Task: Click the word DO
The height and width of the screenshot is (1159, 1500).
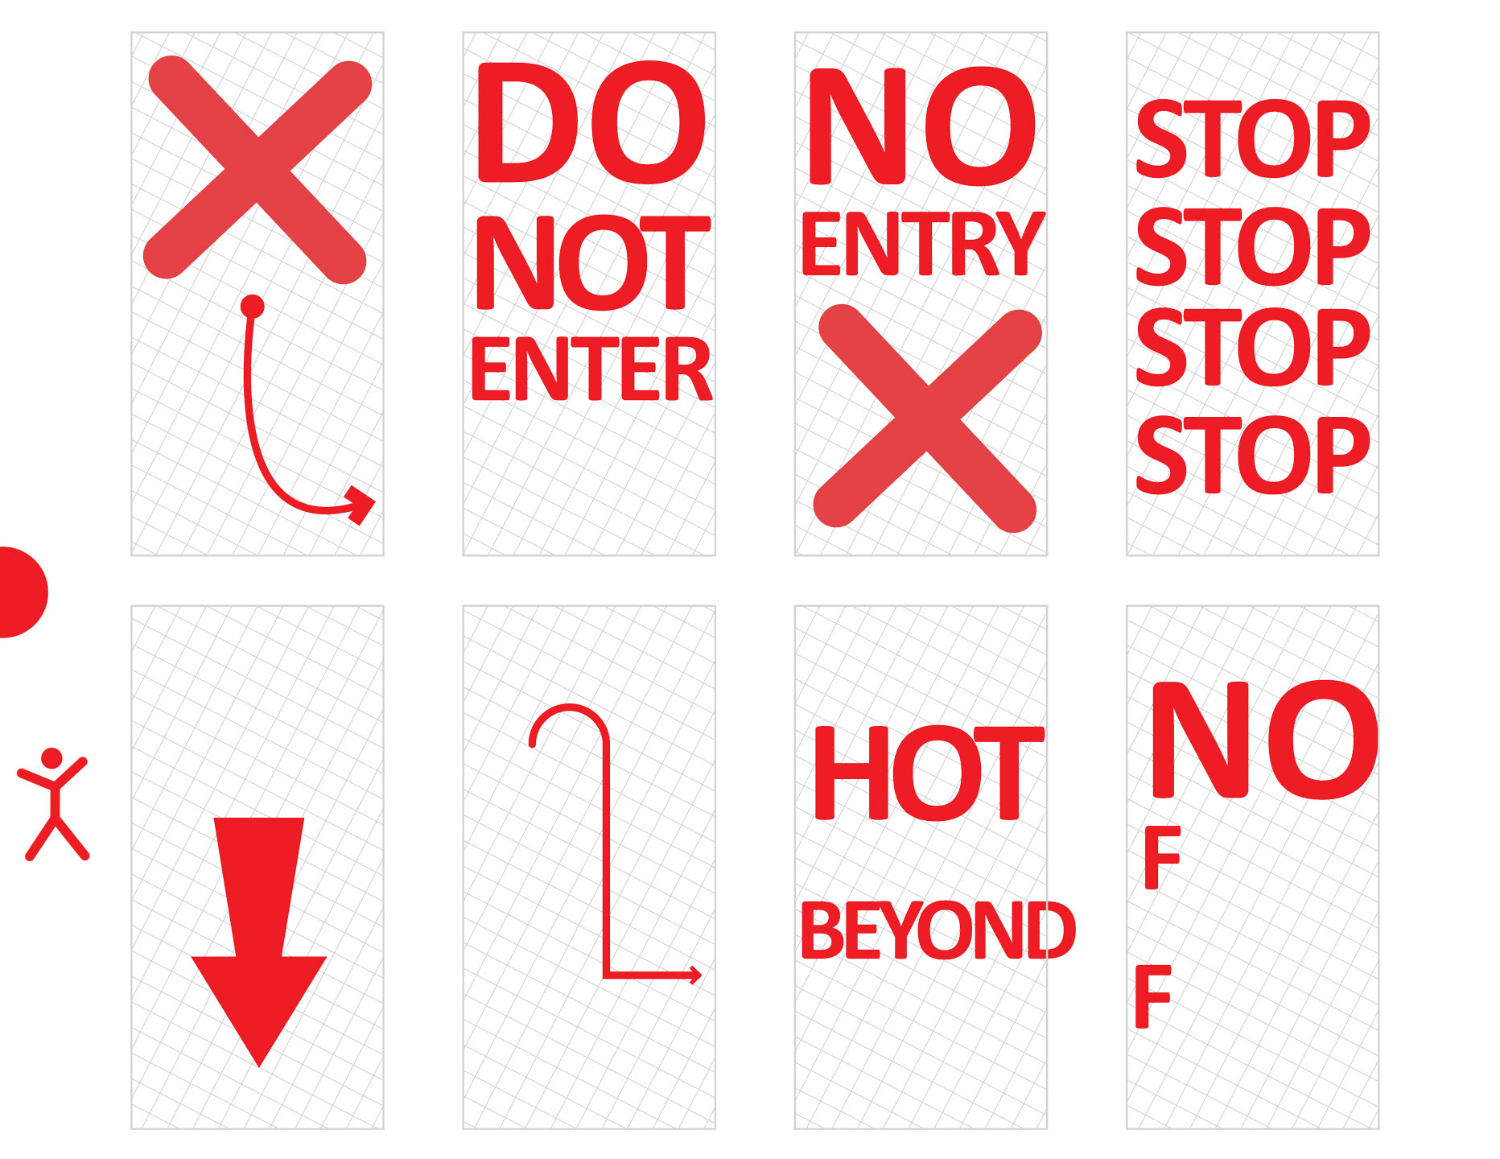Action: (591, 123)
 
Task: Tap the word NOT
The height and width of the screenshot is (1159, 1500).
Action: (593, 262)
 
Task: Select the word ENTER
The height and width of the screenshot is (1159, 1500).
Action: (591, 369)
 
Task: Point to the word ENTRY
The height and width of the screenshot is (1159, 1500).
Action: (923, 244)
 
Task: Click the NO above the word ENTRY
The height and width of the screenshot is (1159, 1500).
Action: (922, 126)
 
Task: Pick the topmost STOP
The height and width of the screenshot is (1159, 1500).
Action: (1252, 139)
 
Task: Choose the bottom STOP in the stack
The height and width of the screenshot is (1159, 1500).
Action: (1252, 455)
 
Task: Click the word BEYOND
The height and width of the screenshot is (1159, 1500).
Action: (938, 930)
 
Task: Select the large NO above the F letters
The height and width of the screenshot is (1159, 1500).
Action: (1264, 740)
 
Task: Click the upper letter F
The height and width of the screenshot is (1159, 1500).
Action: (1162, 859)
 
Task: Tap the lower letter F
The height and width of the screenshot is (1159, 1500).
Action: (1152, 996)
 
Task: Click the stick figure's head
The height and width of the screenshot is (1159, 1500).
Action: (52, 758)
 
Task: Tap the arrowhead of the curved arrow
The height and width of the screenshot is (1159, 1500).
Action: (361, 505)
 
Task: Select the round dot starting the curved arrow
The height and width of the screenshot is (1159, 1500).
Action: (253, 306)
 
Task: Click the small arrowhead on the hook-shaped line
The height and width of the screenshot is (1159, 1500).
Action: (696, 975)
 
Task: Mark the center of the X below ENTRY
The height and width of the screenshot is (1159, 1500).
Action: (928, 418)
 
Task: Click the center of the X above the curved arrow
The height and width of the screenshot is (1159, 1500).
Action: (257, 170)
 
